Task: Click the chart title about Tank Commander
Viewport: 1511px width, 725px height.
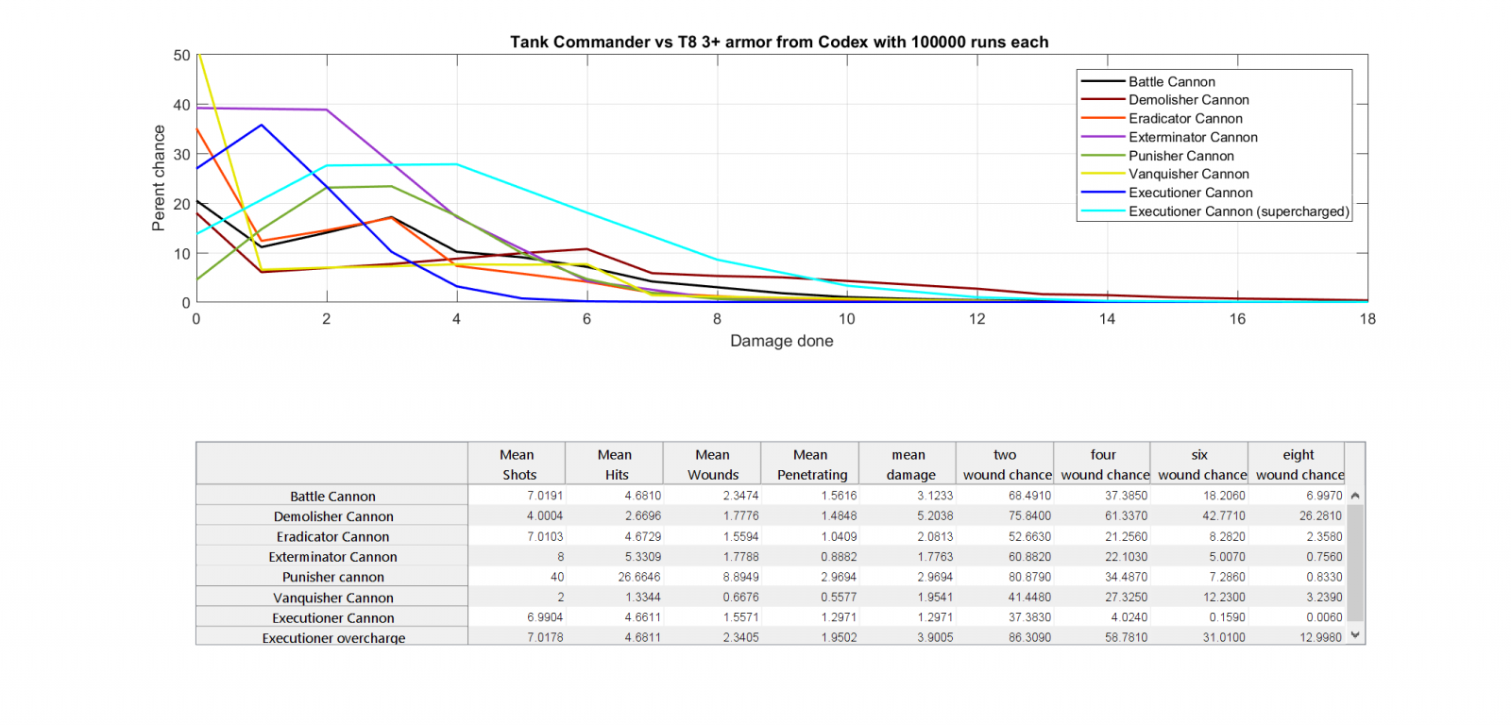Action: point(779,42)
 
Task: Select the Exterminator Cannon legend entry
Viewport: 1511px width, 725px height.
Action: point(1192,137)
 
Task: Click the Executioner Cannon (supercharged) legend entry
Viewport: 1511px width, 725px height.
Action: point(1238,211)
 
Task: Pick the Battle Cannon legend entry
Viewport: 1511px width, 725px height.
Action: point(1171,82)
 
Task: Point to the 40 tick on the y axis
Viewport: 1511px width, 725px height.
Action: point(181,105)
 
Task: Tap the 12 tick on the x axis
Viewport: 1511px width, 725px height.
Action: point(976,319)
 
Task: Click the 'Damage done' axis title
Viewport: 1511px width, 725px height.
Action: point(781,341)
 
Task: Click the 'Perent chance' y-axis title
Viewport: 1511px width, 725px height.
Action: point(159,177)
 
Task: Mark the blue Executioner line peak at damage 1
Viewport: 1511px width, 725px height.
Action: point(262,125)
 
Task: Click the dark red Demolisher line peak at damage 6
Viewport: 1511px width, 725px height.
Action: point(586,249)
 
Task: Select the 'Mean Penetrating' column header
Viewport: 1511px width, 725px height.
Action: point(811,464)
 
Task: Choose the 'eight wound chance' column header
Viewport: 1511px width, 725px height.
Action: point(1299,464)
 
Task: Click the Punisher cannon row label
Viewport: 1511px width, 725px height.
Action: point(332,577)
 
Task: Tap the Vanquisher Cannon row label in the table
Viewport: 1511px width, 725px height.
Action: point(332,598)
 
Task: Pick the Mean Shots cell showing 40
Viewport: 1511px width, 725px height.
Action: point(556,577)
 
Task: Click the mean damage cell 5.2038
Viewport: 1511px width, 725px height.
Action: point(934,516)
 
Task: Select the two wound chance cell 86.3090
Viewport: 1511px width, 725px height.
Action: point(1028,637)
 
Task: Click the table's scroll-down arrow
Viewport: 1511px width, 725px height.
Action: point(1355,635)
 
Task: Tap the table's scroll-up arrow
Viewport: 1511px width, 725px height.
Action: point(1355,496)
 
